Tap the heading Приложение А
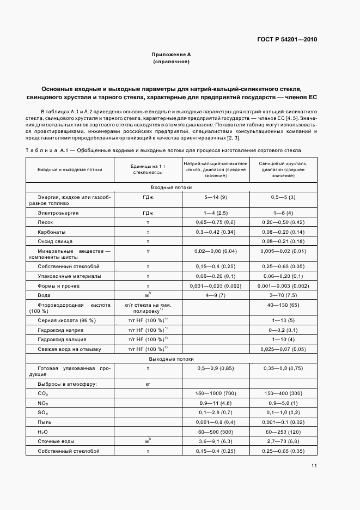[171, 55]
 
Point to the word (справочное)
[171, 62]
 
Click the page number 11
[314, 466]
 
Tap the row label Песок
[45, 222]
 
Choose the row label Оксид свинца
[54, 240]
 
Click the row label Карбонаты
[52, 232]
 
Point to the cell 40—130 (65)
[283, 305]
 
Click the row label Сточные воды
[56, 441]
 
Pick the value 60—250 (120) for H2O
[283, 431]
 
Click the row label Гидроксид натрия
[60, 330]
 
